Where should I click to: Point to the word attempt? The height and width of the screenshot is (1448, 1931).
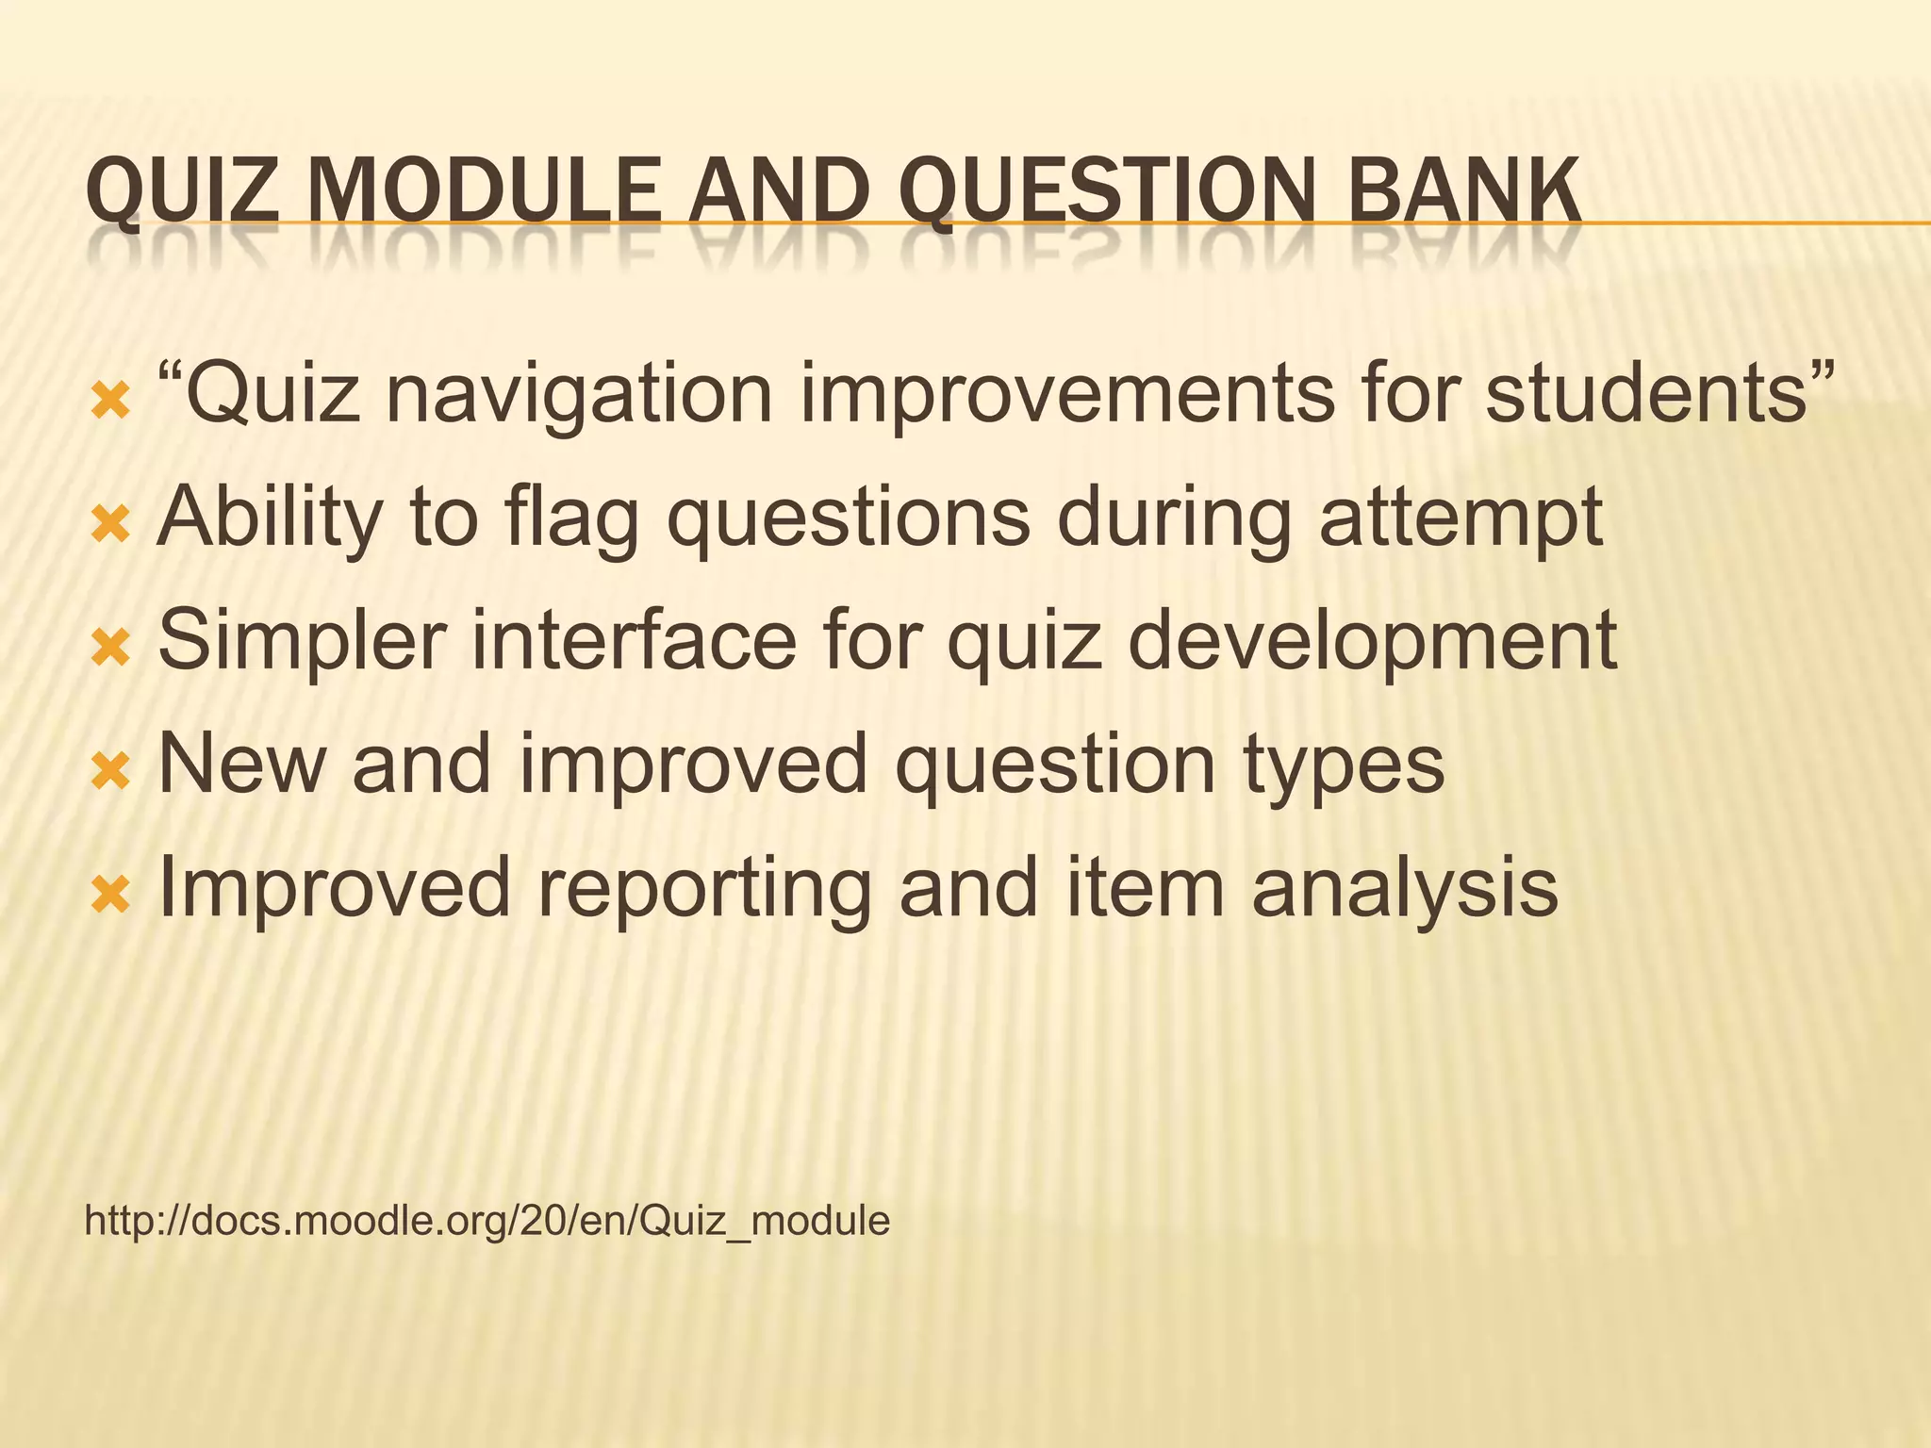(1461, 518)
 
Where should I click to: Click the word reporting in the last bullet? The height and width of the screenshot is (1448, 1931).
(703, 889)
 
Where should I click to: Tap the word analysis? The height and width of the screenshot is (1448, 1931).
(1404, 887)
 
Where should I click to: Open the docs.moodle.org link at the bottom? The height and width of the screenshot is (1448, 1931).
(487, 1221)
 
